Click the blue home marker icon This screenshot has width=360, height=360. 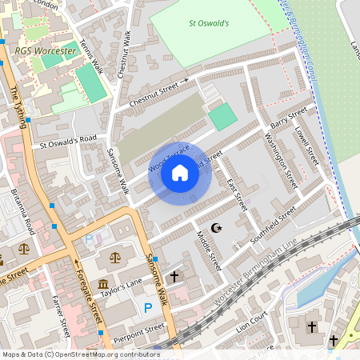pyautogui.click(x=180, y=174)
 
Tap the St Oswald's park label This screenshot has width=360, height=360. pyautogui.click(x=208, y=23)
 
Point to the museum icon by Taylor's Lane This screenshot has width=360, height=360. pyautogui.click(x=103, y=286)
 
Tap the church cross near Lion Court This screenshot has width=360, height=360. pyautogui.click(x=312, y=328)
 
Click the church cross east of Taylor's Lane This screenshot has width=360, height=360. pyautogui.click(x=174, y=276)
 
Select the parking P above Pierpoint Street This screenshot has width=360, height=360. pyautogui.click(x=147, y=307)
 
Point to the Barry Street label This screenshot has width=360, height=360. pyautogui.click(x=287, y=120)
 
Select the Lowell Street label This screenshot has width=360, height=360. pyautogui.click(x=306, y=143)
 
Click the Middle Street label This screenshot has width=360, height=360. pyautogui.click(x=209, y=250)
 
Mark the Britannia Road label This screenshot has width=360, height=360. pyautogui.click(x=21, y=212)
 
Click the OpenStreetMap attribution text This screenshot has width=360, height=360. pyautogui.click(x=81, y=354)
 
